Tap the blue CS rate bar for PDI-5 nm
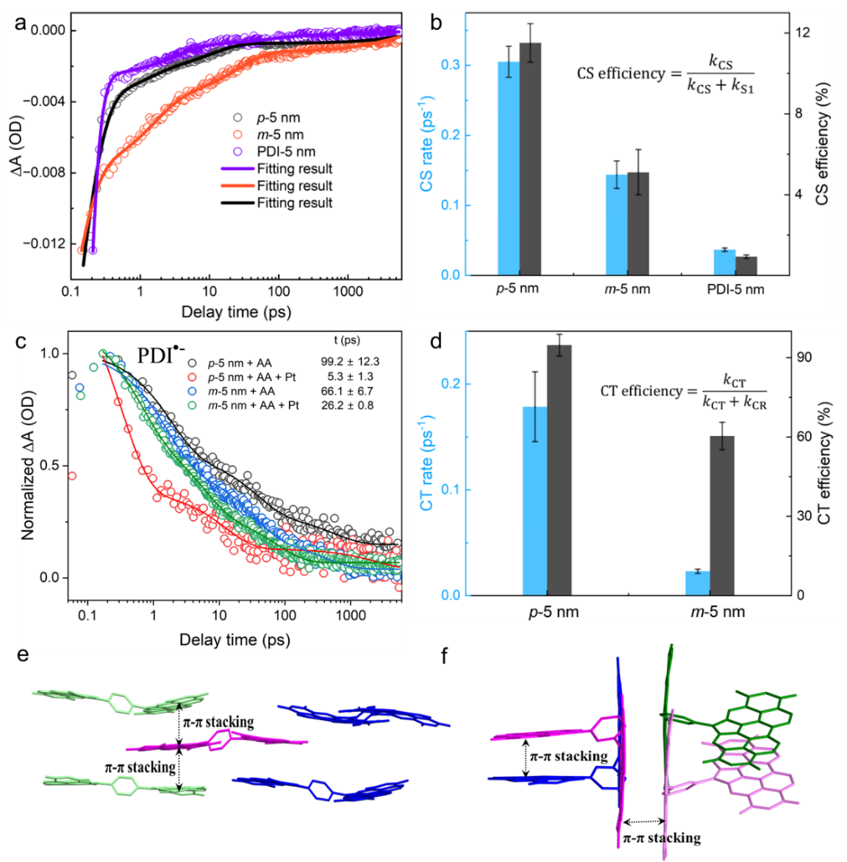[724, 263]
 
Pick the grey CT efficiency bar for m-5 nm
[722, 515]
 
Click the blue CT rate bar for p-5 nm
[535, 500]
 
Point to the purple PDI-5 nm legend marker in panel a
[237, 152]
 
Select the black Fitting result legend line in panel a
[237, 203]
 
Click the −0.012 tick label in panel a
[44, 243]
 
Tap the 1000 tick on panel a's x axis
[348, 291]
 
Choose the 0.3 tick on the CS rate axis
[451, 65]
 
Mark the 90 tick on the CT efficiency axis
[805, 357]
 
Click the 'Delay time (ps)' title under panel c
[235, 640]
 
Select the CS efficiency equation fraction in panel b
[721, 74]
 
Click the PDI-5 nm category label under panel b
[735, 289]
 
